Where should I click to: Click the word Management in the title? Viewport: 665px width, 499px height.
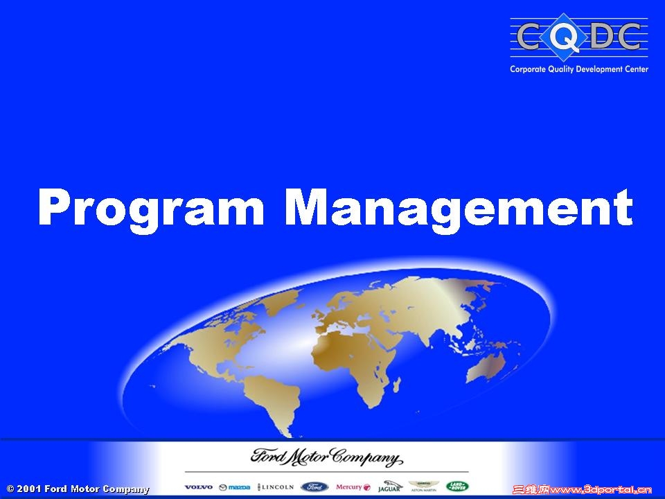click(x=459, y=208)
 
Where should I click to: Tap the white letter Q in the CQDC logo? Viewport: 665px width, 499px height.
click(x=567, y=38)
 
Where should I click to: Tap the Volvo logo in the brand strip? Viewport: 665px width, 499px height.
click(x=198, y=487)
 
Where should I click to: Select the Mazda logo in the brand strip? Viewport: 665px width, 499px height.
click(x=234, y=487)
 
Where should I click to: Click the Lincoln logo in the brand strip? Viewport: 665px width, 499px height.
click(x=276, y=487)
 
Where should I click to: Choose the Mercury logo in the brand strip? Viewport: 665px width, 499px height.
click(x=353, y=487)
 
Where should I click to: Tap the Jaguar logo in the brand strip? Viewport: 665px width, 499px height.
click(x=389, y=487)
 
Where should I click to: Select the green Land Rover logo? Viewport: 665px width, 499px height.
click(x=457, y=487)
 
